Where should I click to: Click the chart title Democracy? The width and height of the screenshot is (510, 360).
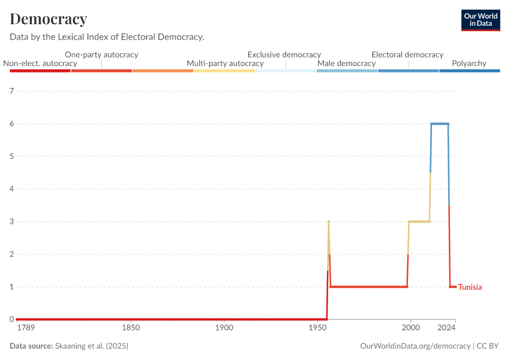(49, 19)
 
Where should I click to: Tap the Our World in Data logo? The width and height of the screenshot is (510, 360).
(481, 20)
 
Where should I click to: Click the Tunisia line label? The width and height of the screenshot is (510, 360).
(470, 287)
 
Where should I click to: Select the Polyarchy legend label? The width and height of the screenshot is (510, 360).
(469, 63)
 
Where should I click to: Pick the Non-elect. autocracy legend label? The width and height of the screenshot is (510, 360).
(40, 63)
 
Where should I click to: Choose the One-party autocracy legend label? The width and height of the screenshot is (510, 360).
(101, 54)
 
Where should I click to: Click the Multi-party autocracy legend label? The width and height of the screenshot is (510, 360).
(225, 63)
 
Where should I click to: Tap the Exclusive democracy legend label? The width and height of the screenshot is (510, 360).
(284, 54)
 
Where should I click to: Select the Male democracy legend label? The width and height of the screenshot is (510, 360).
(346, 63)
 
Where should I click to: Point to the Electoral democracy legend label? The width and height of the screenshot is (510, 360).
(407, 54)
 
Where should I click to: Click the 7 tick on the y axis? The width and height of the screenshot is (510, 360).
(11, 91)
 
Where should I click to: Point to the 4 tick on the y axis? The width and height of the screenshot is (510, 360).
(11, 189)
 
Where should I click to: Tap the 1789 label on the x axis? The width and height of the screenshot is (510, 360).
(26, 328)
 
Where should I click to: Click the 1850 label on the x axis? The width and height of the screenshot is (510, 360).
(131, 328)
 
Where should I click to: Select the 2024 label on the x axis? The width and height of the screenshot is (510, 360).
(446, 328)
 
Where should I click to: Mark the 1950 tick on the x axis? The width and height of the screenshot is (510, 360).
(317, 328)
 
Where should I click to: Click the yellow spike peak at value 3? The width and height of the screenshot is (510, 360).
(329, 221)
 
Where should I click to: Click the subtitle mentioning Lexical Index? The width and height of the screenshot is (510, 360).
(107, 37)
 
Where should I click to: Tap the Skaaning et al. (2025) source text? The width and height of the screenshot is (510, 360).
(92, 346)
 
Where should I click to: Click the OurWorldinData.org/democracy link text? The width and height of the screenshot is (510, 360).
(416, 346)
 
